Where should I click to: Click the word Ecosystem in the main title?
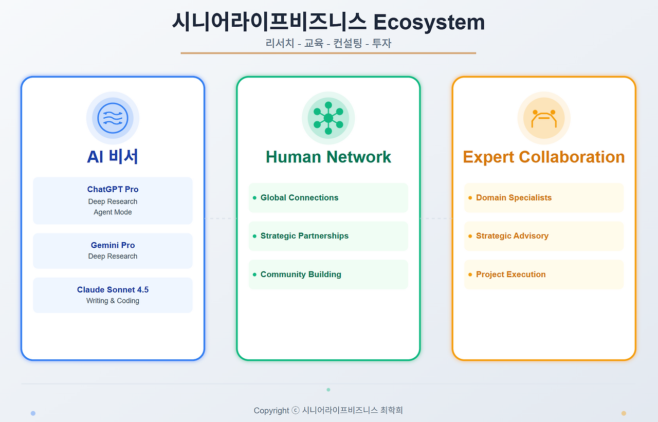[x=429, y=22]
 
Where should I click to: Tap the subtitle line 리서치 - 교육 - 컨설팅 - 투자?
[x=328, y=43]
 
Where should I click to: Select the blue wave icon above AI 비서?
[x=113, y=118]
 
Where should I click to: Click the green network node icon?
[x=328, y=118]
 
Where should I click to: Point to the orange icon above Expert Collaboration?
[x=544, y=118]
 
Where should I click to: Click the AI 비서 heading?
[x=113, y=157]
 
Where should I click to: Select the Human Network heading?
[x=328, y=157]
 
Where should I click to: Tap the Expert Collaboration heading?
[x=544, y=157]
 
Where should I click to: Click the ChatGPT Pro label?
[x=113, y=189]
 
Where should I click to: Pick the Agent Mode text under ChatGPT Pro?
[x=113, y=212]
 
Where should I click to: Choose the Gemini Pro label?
[x=113, y=245]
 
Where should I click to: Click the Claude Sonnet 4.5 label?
[x=113, y=290]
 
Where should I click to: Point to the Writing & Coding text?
[x=113, y=301]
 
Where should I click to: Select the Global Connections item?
[x=299, y=197]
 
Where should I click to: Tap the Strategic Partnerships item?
[x=304, y=236]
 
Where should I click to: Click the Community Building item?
[x=301, y=274]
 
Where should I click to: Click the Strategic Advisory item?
[x=512, y=236]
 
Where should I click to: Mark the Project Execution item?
[x=510, y=274]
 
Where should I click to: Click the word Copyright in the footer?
[x=271, y=410]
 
